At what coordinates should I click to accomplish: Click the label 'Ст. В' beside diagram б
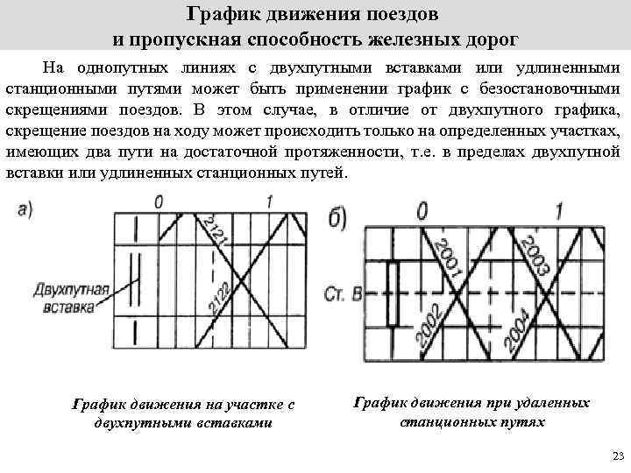343,293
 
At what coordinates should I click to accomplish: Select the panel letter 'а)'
25,208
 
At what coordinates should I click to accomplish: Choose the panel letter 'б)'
344,216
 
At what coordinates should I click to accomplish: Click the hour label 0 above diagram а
158,203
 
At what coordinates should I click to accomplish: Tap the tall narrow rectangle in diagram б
392,292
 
